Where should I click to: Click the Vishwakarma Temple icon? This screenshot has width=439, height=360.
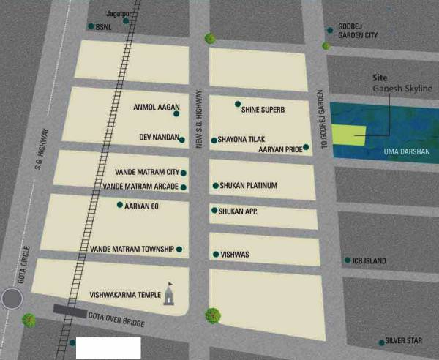point(170,296)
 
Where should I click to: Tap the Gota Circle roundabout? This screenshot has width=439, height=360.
point(12,299)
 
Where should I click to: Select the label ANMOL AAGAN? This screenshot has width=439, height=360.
point(156,108)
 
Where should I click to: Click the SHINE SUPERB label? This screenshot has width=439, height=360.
point(263,109)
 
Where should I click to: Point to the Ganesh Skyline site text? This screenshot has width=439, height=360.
point(402,89)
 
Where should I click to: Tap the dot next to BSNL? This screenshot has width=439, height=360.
point(91,26)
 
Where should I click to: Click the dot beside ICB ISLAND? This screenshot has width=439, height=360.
point(348,260)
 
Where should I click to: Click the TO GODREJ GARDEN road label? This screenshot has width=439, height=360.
point(320,113)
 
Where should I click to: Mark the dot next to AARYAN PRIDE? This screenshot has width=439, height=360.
point(306,147)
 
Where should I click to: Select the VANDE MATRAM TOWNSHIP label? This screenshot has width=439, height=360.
point(132,249)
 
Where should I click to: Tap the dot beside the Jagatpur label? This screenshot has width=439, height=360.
point(126,21)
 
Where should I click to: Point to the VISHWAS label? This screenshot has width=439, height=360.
point(236,255)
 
